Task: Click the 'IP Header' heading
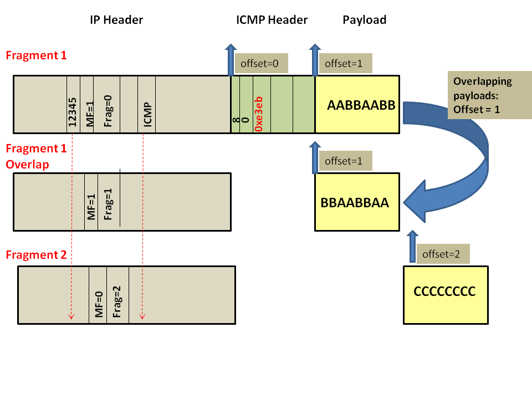116,21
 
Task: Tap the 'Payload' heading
364,21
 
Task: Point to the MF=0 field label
99,303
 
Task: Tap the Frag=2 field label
117,301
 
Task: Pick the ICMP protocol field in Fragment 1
147,114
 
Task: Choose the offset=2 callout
442,254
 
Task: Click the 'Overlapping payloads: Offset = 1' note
480,95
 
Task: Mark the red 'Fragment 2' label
36,255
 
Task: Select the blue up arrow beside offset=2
410,247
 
